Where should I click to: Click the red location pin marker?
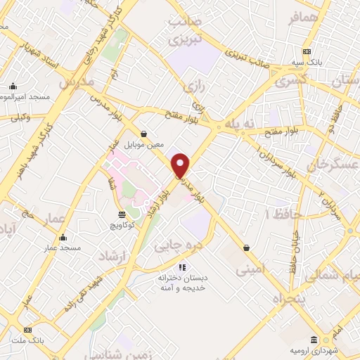click(181, 165)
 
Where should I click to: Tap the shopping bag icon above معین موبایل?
click(143, 133)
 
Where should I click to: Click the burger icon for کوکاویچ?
click(122, 214)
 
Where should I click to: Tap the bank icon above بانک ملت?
click(27, 330)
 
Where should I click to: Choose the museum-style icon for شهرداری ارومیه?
click(315, 340)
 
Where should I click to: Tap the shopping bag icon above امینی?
click(246, 247)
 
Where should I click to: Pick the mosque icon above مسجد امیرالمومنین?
click(12, 86)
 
